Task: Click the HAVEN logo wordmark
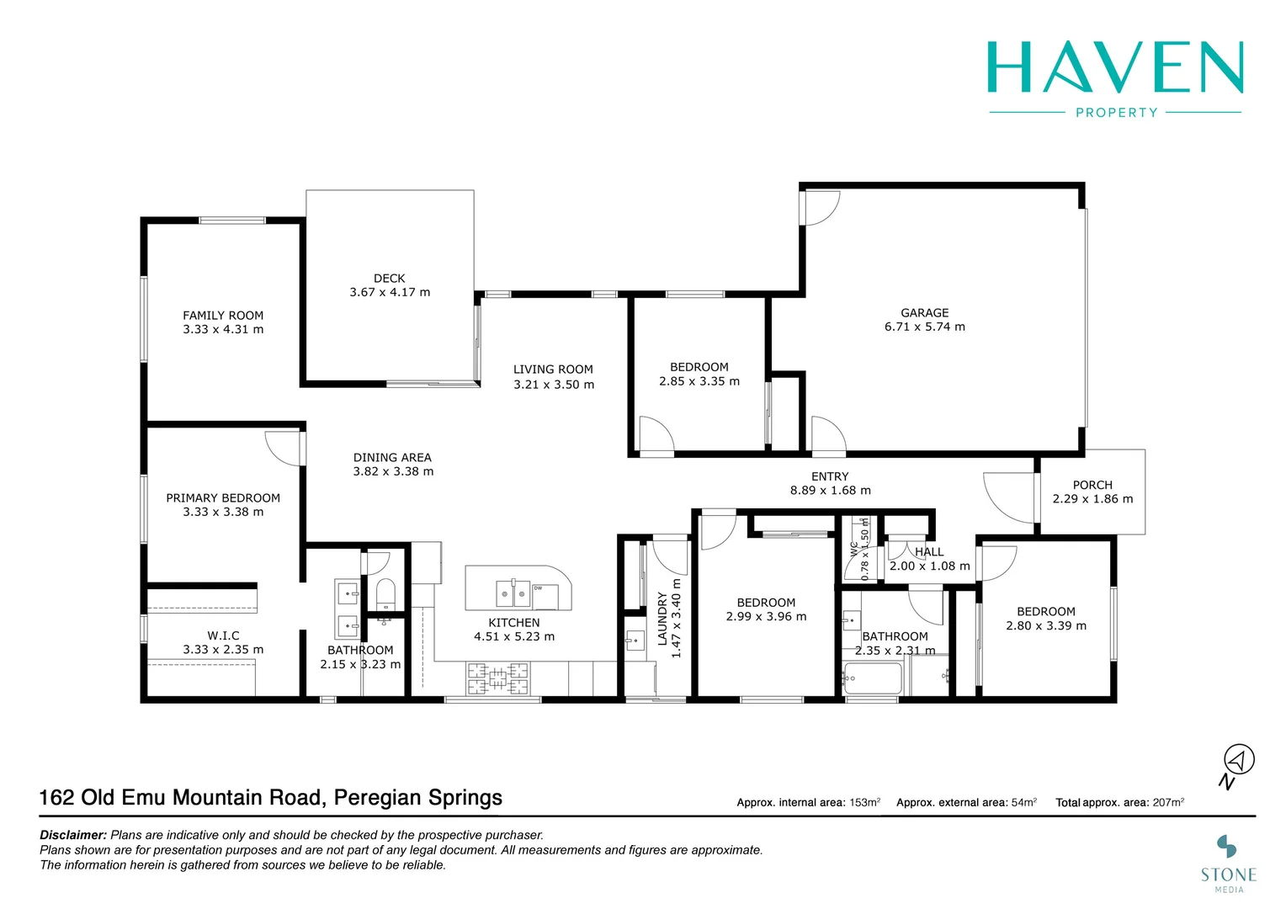pos(1115,67)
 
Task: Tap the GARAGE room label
pos(924,313)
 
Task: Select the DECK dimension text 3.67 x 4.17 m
pos(390,293)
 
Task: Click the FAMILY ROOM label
pos(223,316)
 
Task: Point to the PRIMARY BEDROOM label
pos(223,498)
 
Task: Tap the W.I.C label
pos(223,636)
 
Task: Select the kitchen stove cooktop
pos(498,678)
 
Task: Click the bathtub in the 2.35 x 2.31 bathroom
pos(872,678)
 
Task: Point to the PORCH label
pos(1092,486)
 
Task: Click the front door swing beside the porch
pos(1010,498)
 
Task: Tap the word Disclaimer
pos(73,836)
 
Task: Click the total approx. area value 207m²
pos(1168,802)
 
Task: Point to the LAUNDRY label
pos(662,619)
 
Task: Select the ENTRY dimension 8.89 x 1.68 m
pos(830,491)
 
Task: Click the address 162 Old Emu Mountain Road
pos(182,798)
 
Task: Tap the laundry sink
pos(634,641)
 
